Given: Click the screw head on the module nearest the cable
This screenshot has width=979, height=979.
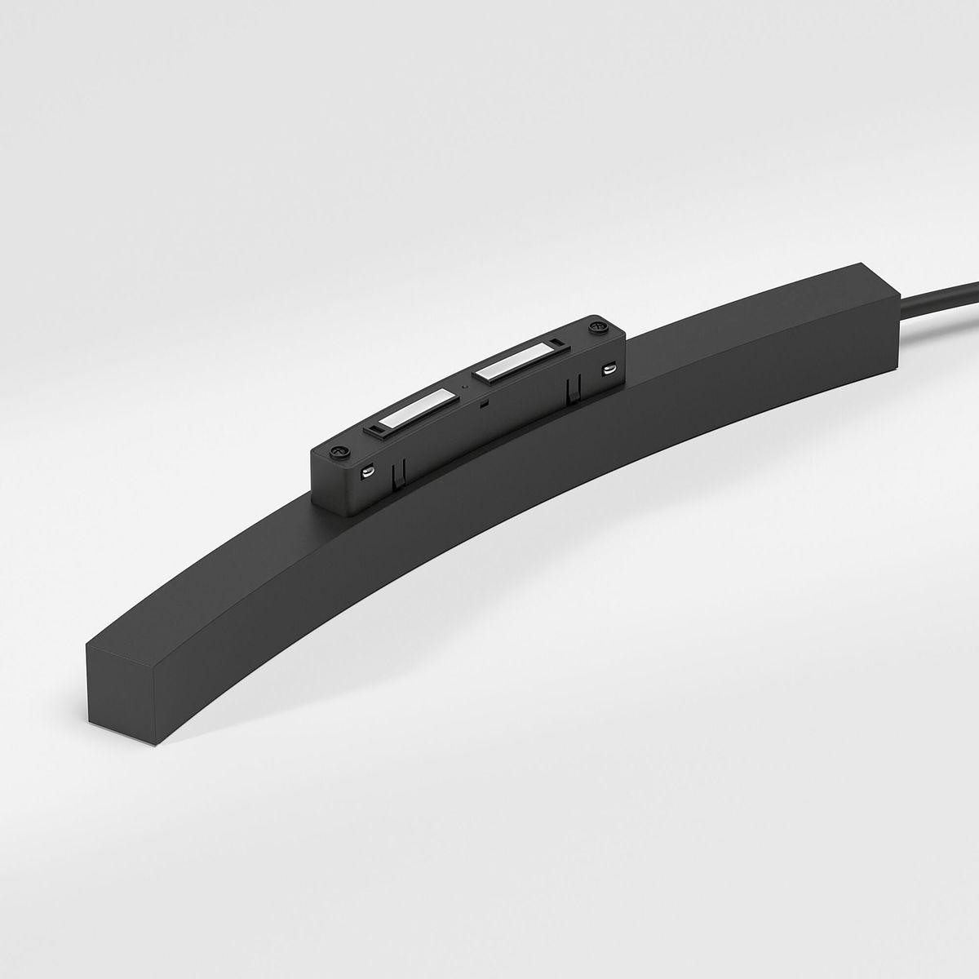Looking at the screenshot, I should tap(600, 326).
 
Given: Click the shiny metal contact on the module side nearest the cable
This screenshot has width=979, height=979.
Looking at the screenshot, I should tap(609, 369).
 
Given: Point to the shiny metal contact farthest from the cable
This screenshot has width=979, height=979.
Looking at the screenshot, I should tap(368, 470).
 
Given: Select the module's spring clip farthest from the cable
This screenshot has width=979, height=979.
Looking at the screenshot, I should tap(399, 472).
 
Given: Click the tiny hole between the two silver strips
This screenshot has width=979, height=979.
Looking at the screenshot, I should tap(464, 384).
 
